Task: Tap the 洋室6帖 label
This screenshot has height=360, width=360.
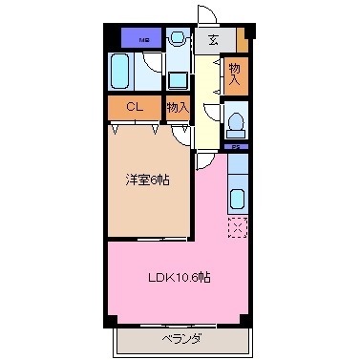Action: click(146, 180)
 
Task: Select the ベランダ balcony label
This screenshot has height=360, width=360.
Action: click(179, 338)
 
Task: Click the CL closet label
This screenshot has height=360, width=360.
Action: click(135, 108)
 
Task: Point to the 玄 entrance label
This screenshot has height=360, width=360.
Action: click(213, 39)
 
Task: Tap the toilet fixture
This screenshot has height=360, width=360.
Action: click(236, 126)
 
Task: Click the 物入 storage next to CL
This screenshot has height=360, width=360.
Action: click(178, 108)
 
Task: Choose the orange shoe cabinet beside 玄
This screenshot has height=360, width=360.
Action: click(242, 40)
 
